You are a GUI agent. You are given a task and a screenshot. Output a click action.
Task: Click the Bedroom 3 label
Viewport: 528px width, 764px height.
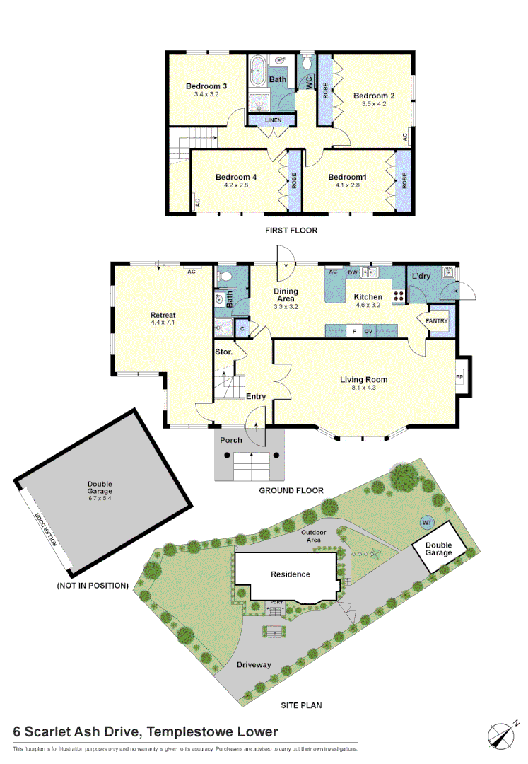click(x=202, y=86)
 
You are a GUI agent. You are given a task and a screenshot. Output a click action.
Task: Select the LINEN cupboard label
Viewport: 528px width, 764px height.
click(x=273, y=120)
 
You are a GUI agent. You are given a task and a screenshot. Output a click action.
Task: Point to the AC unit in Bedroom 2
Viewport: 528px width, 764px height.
click(x=406, y=137)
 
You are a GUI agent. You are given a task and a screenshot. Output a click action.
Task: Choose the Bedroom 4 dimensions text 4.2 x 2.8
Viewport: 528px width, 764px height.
click(x=235, y=185)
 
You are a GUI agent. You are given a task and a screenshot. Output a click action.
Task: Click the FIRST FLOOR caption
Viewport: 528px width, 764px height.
click(x=291, y=230)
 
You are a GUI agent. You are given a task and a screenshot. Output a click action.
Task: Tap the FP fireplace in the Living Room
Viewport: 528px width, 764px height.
click(x=459, y=376)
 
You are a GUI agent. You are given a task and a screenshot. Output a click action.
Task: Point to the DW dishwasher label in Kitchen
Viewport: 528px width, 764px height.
click(x=351, y=271)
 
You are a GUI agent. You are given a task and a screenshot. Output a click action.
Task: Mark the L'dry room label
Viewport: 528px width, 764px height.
click(x=423, y=274)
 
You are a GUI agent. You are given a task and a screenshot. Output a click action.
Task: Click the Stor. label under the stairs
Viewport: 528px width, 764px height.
click(x=224, y=351)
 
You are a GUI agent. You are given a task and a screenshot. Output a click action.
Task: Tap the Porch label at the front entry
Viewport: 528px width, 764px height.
click(x=231, y=440)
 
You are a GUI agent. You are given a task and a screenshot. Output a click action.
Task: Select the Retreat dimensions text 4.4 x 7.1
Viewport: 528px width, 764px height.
click(x=163, y=323)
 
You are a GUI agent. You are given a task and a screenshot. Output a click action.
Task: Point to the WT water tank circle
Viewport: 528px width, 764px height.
click(x=426, y=523)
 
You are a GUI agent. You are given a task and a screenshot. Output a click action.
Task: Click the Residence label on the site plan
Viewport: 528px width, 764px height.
click(x=291, y=574)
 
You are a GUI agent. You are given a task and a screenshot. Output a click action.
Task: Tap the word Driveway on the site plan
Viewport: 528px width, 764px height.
click(x=254, y=664)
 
